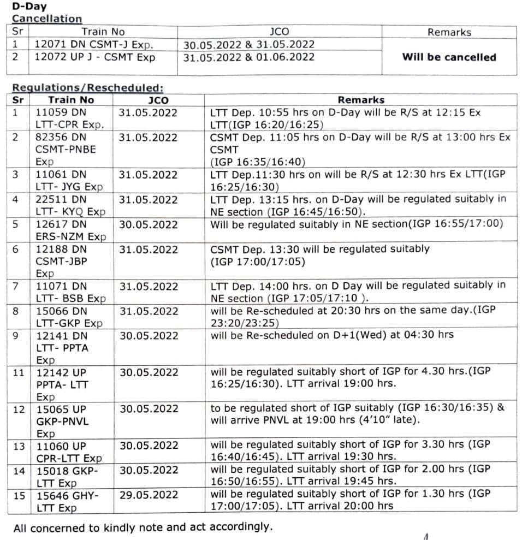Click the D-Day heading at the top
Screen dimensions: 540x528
(29, 7)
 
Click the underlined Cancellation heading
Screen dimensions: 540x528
(47, 19)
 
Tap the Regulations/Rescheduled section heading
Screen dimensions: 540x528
(87, 88)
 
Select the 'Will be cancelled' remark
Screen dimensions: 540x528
(449, 57)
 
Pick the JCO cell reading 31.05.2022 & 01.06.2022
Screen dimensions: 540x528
(249, 57)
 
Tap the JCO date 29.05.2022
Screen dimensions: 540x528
(149, 494)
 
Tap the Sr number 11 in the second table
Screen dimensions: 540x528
(18, 372)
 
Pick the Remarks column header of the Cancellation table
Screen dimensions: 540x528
(449, 32)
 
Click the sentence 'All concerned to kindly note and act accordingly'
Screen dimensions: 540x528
(143, 527)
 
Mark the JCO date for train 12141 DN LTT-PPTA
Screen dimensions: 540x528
(149, 335)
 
